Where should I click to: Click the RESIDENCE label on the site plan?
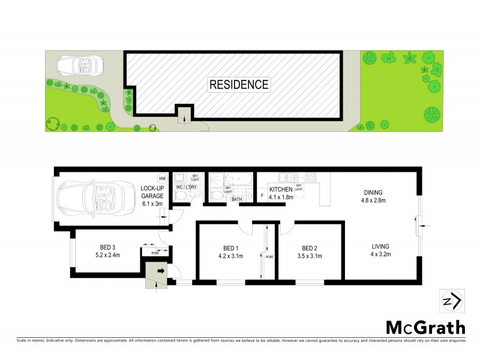pos(238,85)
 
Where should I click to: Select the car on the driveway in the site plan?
pos(79,64)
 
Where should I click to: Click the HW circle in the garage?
pos(161,178)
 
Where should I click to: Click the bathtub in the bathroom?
pos(239,179)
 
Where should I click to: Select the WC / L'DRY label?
pos(185,187)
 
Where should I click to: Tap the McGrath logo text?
pos(425,327)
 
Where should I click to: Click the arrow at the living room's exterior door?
pos(423,226)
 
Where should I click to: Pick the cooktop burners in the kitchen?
pos(311,177)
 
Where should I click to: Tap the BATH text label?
pos(236,199)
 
